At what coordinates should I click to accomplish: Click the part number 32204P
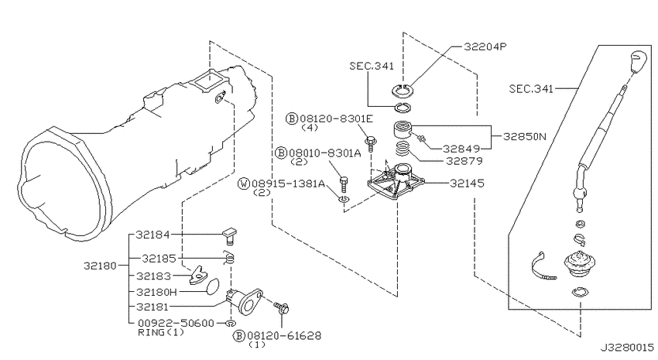pos(485,46)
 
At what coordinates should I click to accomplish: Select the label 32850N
pos(525,137)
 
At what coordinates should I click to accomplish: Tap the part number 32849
pos(461,149)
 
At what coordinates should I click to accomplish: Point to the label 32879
pos(464,161)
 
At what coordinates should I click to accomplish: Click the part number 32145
pos(467,183)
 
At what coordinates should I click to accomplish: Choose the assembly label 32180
pos(100,266)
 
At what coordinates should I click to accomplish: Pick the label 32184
pos(153,235)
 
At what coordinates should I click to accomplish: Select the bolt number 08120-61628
pos(284,336)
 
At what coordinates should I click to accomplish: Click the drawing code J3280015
pos(627,348)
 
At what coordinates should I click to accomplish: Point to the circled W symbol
pos(244,183)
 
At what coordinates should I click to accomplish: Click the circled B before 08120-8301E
pos(292,118)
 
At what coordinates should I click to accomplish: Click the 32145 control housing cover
pos(396,182)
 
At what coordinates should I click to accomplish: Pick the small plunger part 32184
pos(229,235)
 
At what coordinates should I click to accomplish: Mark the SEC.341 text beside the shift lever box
pos(531,89)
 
